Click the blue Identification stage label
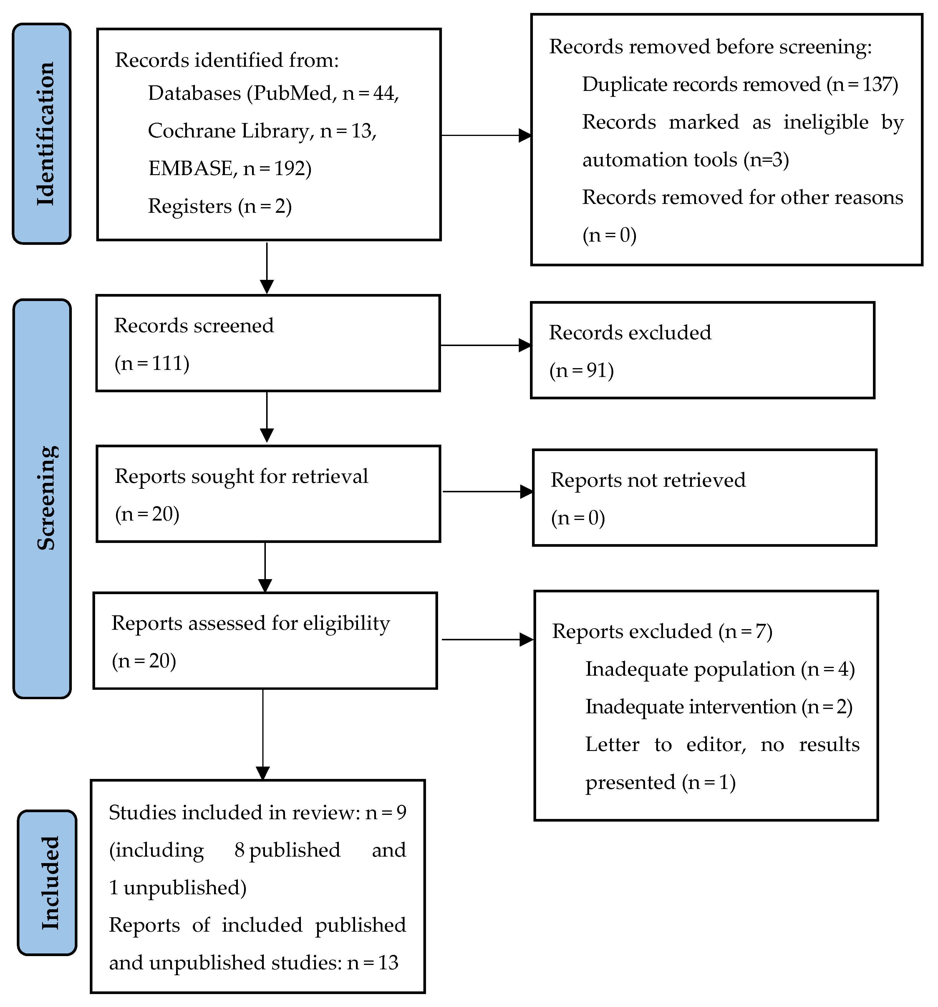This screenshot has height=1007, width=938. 42,134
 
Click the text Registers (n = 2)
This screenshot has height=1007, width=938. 219,206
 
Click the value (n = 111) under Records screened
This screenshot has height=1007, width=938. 152,363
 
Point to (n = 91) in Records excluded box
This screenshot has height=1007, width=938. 581,370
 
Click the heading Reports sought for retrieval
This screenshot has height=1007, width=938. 241,476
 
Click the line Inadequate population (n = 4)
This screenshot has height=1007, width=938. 720,669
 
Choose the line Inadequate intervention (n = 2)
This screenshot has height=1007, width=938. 719,707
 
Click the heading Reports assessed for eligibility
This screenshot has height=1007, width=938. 250,623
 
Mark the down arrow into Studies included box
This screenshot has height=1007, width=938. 263,735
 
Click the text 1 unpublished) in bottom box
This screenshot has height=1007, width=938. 177,888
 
